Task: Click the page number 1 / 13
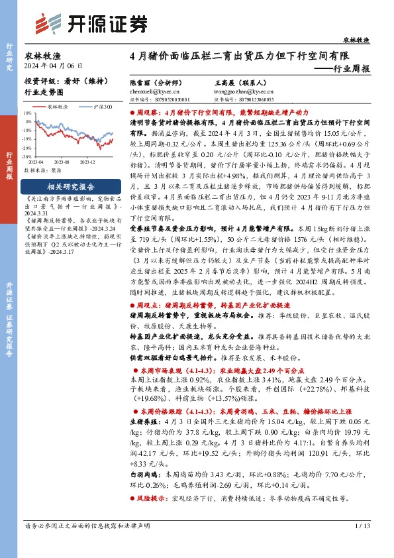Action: (362, 545)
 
